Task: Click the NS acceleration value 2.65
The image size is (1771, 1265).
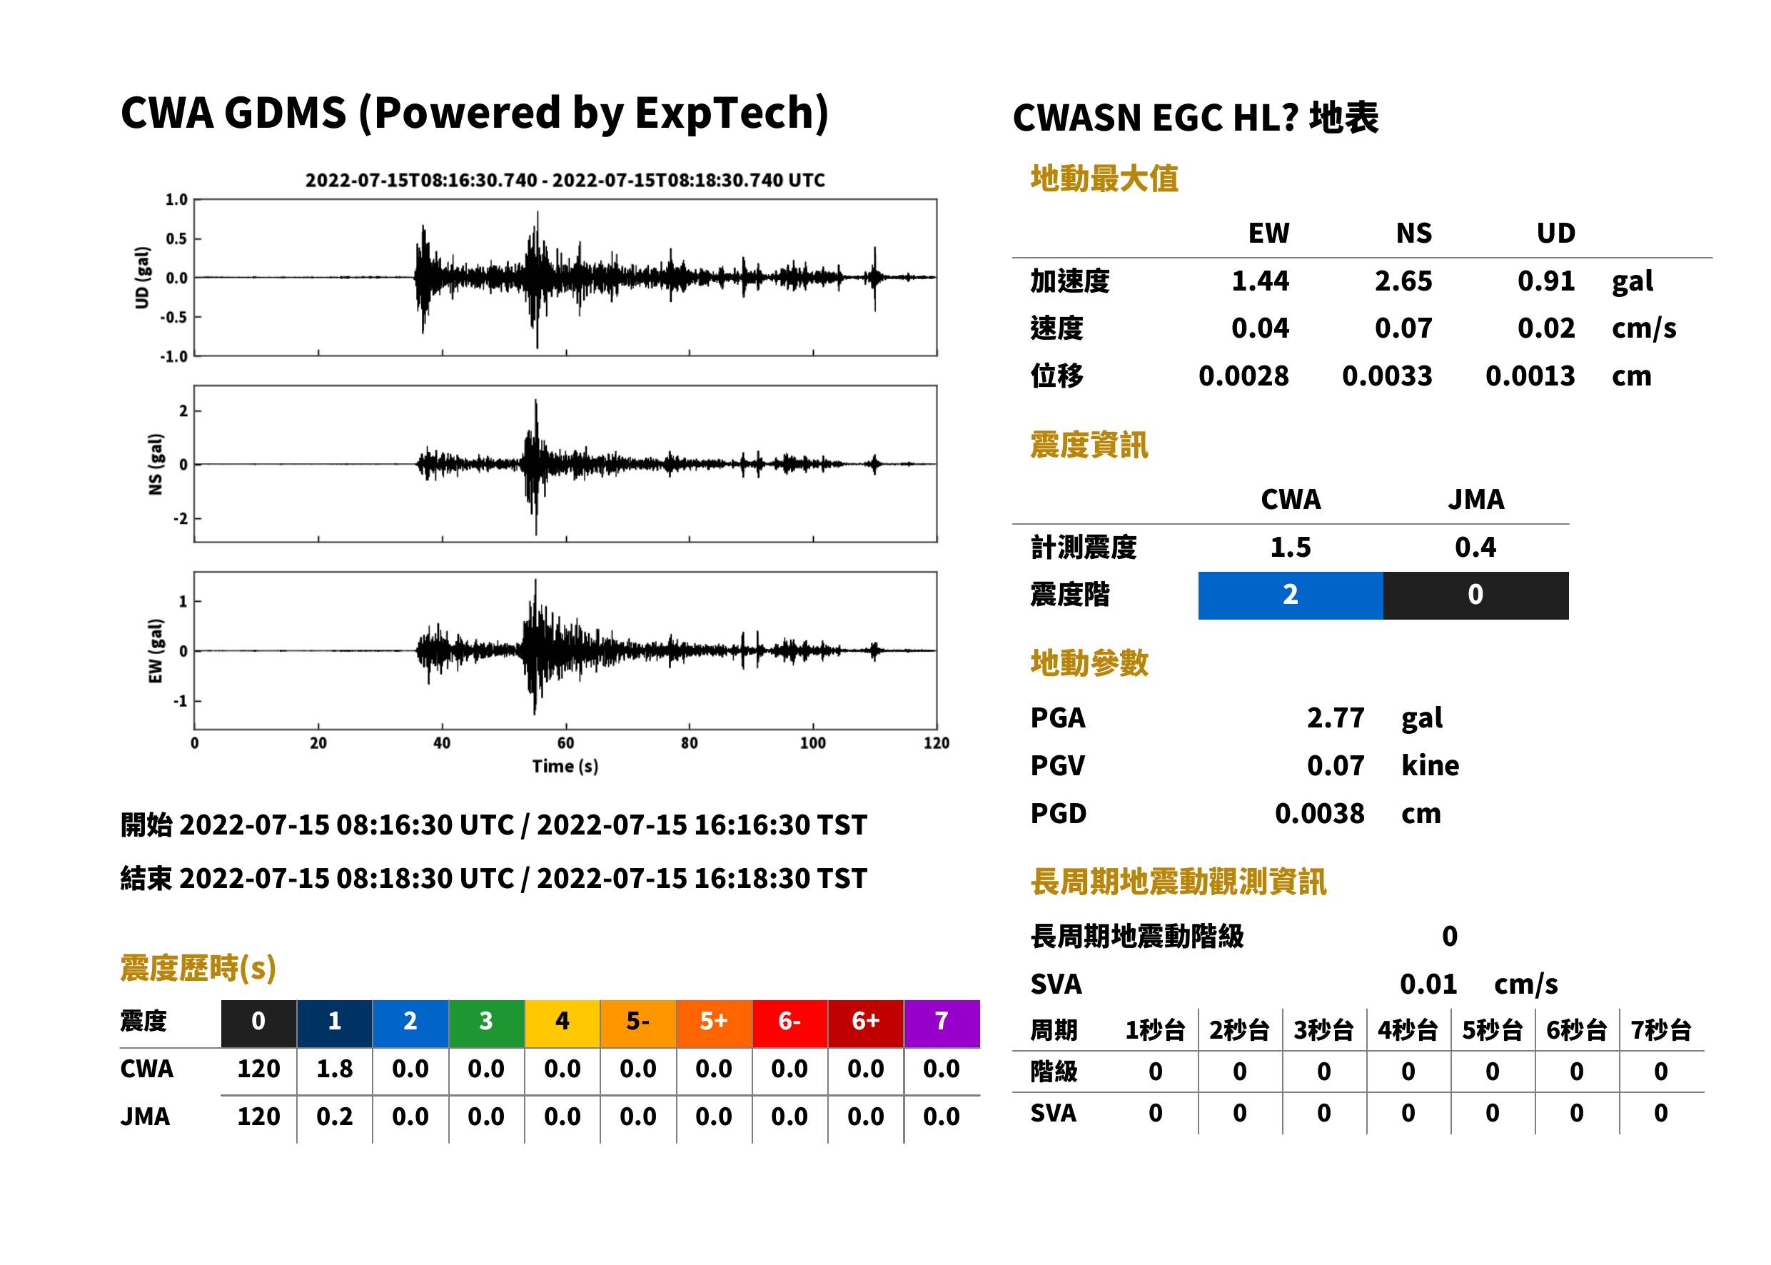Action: pos(1403,281)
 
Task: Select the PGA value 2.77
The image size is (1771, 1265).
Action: pos(1335,717)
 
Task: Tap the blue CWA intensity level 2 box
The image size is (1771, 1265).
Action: pos(1291,595)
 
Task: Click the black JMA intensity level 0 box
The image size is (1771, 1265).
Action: pos(1476,595)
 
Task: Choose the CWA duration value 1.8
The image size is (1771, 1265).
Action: pos(334,1069)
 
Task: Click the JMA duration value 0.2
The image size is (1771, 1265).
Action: pos(334,1117)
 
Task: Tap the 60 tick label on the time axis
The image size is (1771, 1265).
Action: pos(565,742)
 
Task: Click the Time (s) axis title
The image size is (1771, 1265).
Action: pos(565,766)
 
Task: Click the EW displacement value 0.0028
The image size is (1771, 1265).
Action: pos(1243,376)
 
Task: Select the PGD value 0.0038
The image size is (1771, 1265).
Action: pos(1319,813)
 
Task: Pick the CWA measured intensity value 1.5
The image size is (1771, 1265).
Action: pos(1291,547)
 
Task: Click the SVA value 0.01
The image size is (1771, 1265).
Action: pos(1428,984)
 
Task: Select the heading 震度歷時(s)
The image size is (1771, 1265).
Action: pos(198,967)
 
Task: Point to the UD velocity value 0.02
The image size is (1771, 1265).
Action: pos(1546,328)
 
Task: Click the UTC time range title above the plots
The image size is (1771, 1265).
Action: pos(565,180)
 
